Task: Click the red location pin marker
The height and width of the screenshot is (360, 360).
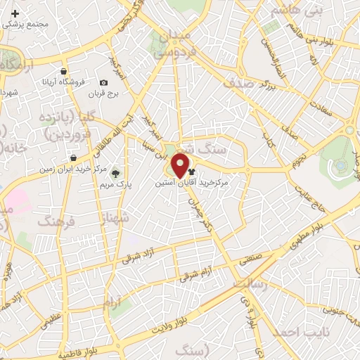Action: click(180, 167)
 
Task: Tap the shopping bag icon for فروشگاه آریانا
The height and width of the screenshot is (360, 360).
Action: click(64, 72)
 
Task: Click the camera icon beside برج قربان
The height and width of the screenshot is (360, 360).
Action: click(104, 83)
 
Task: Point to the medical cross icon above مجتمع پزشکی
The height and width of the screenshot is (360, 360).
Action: click(15, 13)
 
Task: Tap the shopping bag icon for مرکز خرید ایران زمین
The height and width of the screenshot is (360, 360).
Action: click(72, 157)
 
